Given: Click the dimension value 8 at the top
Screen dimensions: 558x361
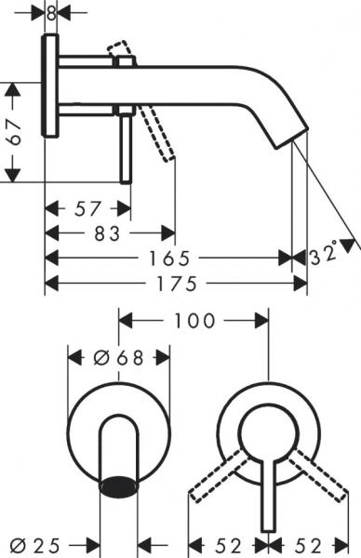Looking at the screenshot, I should click(51, 12).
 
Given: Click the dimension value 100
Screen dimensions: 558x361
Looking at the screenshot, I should click(192, 321).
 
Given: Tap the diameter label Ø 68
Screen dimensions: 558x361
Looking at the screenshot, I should click(118, 357).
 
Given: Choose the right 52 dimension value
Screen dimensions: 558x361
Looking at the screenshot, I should click(314, 542).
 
